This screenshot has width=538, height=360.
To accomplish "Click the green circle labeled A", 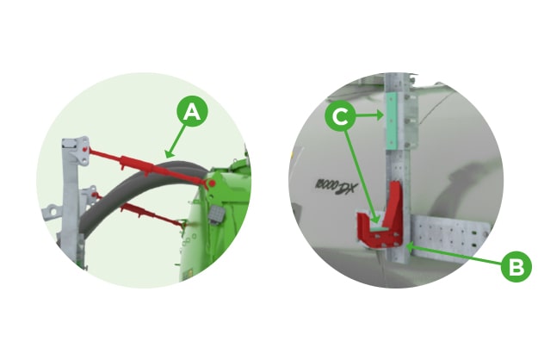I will click(193, 110).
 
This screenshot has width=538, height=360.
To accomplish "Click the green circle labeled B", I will click(516, 267).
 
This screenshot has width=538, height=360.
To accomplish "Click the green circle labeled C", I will click(340, 115).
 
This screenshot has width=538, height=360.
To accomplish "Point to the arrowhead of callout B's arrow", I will click(411, 247).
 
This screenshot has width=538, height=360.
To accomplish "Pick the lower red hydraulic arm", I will click(146, 212).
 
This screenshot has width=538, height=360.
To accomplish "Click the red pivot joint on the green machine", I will click(209, 183).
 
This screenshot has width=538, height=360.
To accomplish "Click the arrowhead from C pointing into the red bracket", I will click(374, 214).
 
